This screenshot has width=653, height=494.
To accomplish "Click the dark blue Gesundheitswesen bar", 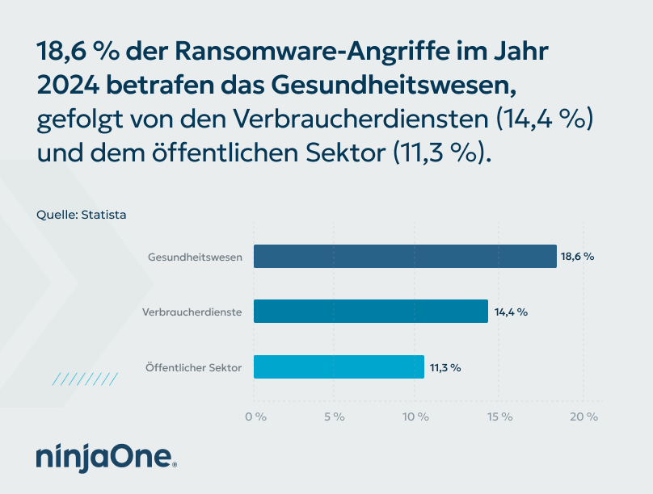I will pyautogui.click(x=405, y=257).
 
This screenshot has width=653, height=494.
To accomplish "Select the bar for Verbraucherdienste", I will pyautogui.click(x=371, y=312).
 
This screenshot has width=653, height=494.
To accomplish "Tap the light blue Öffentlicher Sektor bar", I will pyautogui.click(x=339, y=366).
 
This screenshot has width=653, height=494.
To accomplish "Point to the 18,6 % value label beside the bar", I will pyautogui.click(x=578, y=257).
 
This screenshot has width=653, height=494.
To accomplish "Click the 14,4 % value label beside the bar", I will pyautogui.click(x=510, y=312).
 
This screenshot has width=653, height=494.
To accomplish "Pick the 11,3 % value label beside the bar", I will pyautogui.click(x=444, y=367).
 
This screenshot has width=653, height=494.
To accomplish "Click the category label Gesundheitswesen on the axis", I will pyautogui.click(x=196, y=257).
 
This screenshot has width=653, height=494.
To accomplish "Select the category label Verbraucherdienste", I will pyautogui.click(x=192, y=312).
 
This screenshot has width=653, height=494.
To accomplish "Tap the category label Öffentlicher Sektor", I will pyautogui.click(x=193, y=367).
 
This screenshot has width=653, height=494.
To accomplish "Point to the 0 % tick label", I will pyautogui.click(x=255, y=417).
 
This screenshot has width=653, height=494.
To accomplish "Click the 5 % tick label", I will pyautogui.click(x=335, y=417).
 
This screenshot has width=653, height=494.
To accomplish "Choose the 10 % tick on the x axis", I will pyautogui.click(x=415, y=417).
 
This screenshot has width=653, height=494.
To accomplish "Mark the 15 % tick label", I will pyautogui.click(x=500, y=417).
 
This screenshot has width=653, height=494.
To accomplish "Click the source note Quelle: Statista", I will pyautogui.click(x=82, y=215).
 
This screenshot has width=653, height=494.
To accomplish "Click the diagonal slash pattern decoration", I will pyautogui.click(x=85, y=379).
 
